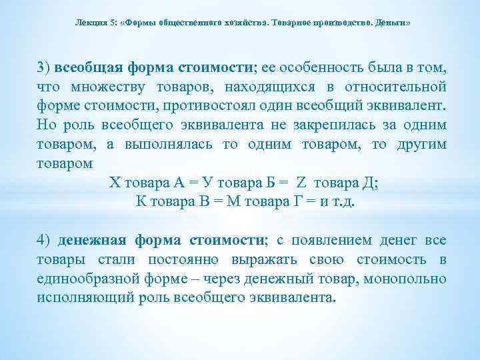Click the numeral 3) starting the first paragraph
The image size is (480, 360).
coord(44,67)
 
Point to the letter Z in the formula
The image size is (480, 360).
coord(301,183)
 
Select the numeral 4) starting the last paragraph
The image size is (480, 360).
coord(44,239)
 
